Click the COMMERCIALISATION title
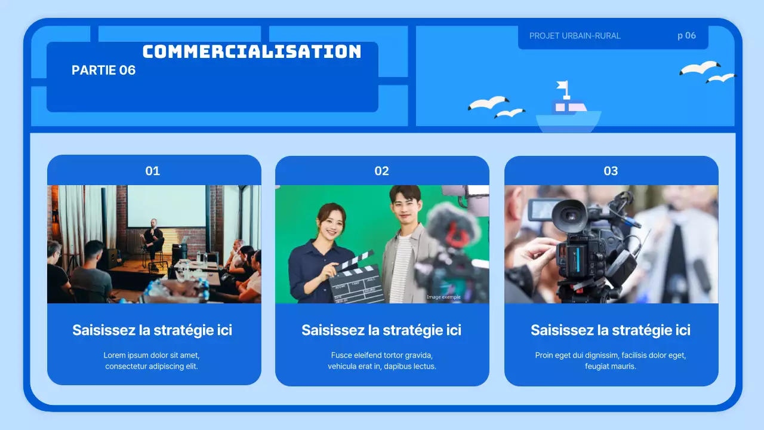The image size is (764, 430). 252,51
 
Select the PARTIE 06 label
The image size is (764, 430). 103,70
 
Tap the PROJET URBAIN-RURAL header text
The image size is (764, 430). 575,36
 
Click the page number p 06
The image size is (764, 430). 686,36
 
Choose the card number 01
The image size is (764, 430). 153,171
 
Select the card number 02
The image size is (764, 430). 381,171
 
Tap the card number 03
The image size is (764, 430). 611,171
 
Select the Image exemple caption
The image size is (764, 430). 443,297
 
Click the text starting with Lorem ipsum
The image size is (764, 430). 152,361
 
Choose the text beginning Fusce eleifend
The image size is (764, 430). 381,361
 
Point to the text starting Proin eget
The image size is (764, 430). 611,361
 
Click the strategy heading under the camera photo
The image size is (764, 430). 611,330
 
